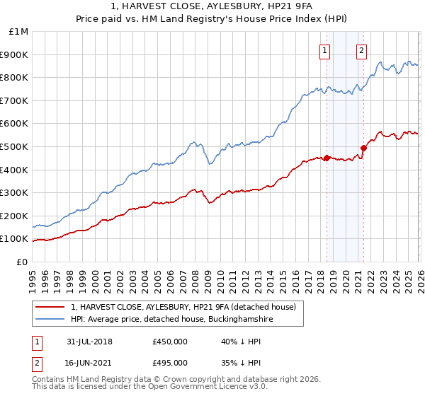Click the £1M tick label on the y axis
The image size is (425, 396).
(18, 32)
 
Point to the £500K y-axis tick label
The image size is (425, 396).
(14, 146)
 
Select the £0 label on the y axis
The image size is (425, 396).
(21, 262)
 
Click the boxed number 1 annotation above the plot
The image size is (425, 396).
(325, 50)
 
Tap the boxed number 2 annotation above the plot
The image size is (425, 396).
(361, 50)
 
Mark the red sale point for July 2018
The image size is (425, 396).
(327, 158)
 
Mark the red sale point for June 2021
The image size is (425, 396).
(363, 148)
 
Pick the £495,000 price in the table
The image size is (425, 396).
(170, 363)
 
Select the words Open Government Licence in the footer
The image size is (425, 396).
(186, 388)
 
